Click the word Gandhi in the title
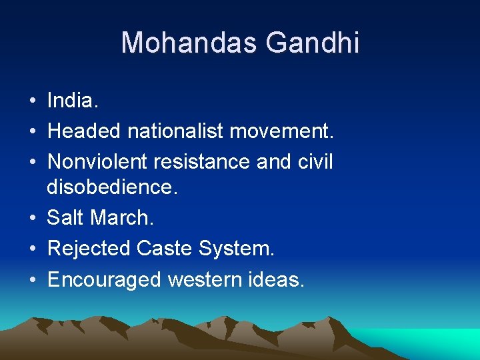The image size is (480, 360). (x=313, y=43)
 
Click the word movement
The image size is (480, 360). (x=281, y=131)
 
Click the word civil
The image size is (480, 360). (x=314, y=162)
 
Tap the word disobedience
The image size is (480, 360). (x=113, y=187)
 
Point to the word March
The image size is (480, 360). (x=121, y=218)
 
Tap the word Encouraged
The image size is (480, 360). (x=105, y=279)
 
